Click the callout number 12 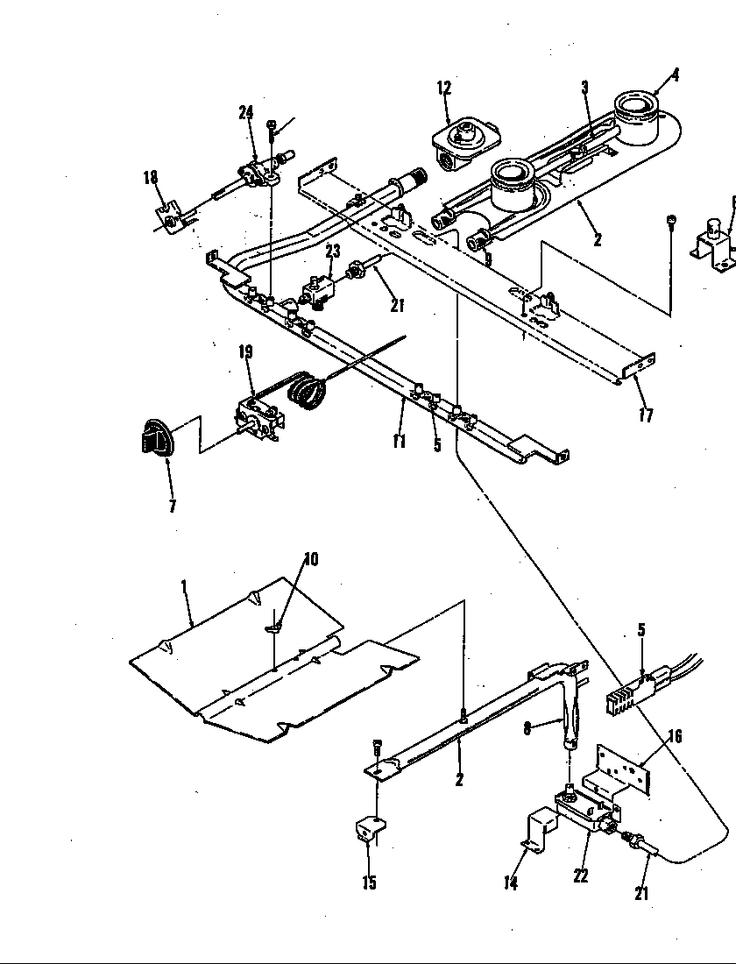444,87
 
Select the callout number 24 245,111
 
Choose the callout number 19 245,352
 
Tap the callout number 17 646,415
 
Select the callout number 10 310,559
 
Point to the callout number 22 580,875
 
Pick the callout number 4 676,75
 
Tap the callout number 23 332,250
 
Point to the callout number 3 584,88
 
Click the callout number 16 674,736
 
